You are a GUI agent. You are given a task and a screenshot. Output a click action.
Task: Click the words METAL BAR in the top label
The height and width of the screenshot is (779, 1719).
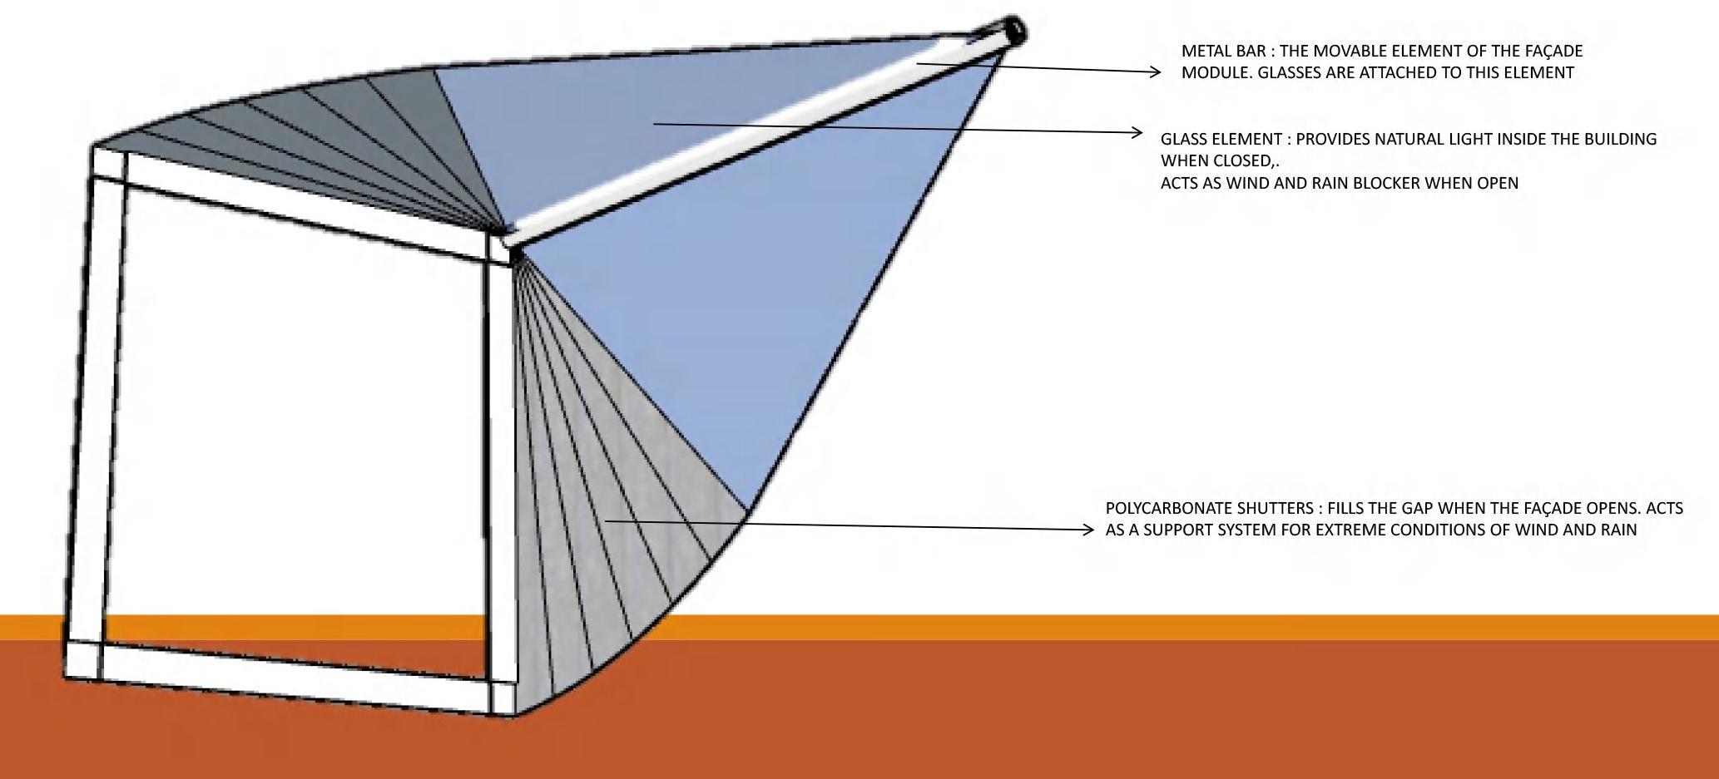coord(1222,52)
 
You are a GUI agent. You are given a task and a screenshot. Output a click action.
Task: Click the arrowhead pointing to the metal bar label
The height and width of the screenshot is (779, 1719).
coord(1155,72)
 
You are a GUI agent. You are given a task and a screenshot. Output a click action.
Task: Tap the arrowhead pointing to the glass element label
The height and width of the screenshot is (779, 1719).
coord(1137,132)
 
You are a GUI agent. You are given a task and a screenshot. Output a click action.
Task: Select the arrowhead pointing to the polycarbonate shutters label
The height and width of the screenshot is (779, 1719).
coord(1088,530)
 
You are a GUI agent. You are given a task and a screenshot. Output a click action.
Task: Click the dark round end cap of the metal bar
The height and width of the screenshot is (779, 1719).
coord(1014,32)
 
